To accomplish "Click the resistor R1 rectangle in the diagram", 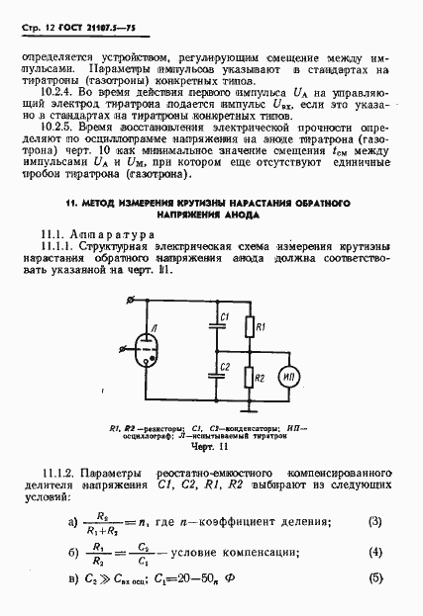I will click(251, 326).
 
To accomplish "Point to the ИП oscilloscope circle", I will click(291, 376).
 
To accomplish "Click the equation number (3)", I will click(374, 521).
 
